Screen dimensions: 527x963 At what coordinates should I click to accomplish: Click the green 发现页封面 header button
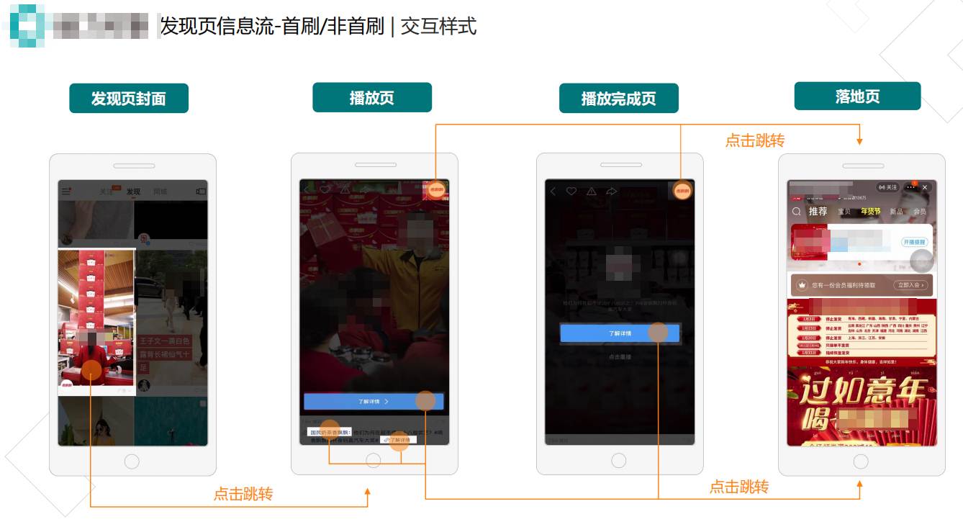[x=129, y=99]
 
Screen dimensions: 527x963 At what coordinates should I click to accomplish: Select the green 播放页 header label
[x=371, y=98]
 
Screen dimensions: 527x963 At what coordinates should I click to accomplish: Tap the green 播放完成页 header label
[x=618, y=99]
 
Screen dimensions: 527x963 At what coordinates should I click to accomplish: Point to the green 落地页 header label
[x=857, y=96]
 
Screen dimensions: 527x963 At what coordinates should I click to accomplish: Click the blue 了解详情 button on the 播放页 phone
[x=374, y=402]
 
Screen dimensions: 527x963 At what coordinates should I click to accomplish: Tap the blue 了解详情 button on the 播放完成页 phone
[x=619, y=333]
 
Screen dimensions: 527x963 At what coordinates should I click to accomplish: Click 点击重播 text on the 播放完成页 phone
[x=619, y=357]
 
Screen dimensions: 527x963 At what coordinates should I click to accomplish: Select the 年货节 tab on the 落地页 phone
[x=871, y=212]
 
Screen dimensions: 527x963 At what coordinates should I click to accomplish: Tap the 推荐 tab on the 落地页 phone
[x=818, y=212]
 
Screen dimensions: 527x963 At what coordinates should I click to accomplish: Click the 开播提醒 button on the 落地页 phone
[x=914, y=243]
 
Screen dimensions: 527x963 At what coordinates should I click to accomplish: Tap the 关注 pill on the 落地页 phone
[x=888, y=187]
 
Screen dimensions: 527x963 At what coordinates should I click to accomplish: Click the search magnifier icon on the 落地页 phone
[x=797, y=212]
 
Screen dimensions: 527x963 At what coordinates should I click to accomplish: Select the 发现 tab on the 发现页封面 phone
[x=133, y=192]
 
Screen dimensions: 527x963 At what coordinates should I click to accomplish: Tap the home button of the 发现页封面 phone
[x=132, y=461]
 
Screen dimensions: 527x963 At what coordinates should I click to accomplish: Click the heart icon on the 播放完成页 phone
[x=571, y=192]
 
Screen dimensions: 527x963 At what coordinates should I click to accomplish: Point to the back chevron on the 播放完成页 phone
[x=553, y=192]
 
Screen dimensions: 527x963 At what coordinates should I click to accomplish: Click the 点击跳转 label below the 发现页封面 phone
[x=243, y=495]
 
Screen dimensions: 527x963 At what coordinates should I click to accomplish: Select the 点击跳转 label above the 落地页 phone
[x=755, y=141]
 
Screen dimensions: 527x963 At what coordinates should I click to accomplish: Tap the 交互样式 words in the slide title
[x=438, y=27]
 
